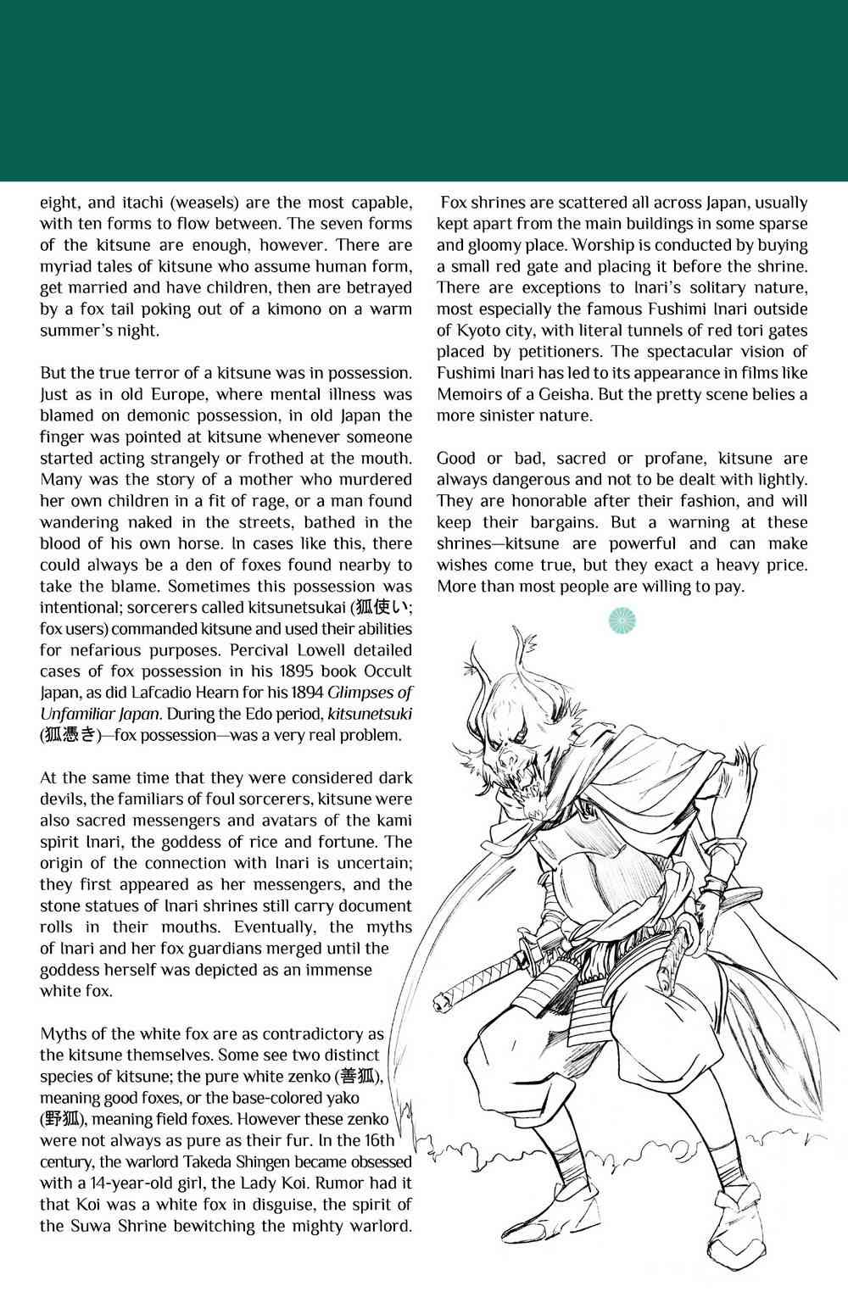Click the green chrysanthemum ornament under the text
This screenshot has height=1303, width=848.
[x=622, y=621]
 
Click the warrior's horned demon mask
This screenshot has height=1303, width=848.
[x=521, y=721]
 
